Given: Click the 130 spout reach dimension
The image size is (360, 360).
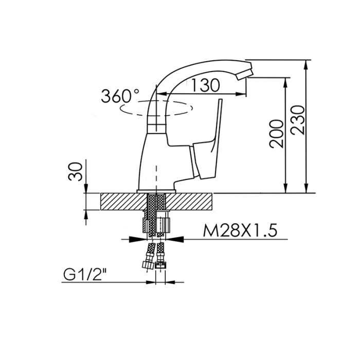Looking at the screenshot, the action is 205,85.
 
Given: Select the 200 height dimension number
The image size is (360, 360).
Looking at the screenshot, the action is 277,134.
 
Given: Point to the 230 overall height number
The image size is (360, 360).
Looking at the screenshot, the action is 298,120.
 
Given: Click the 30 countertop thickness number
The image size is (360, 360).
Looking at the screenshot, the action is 76,171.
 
